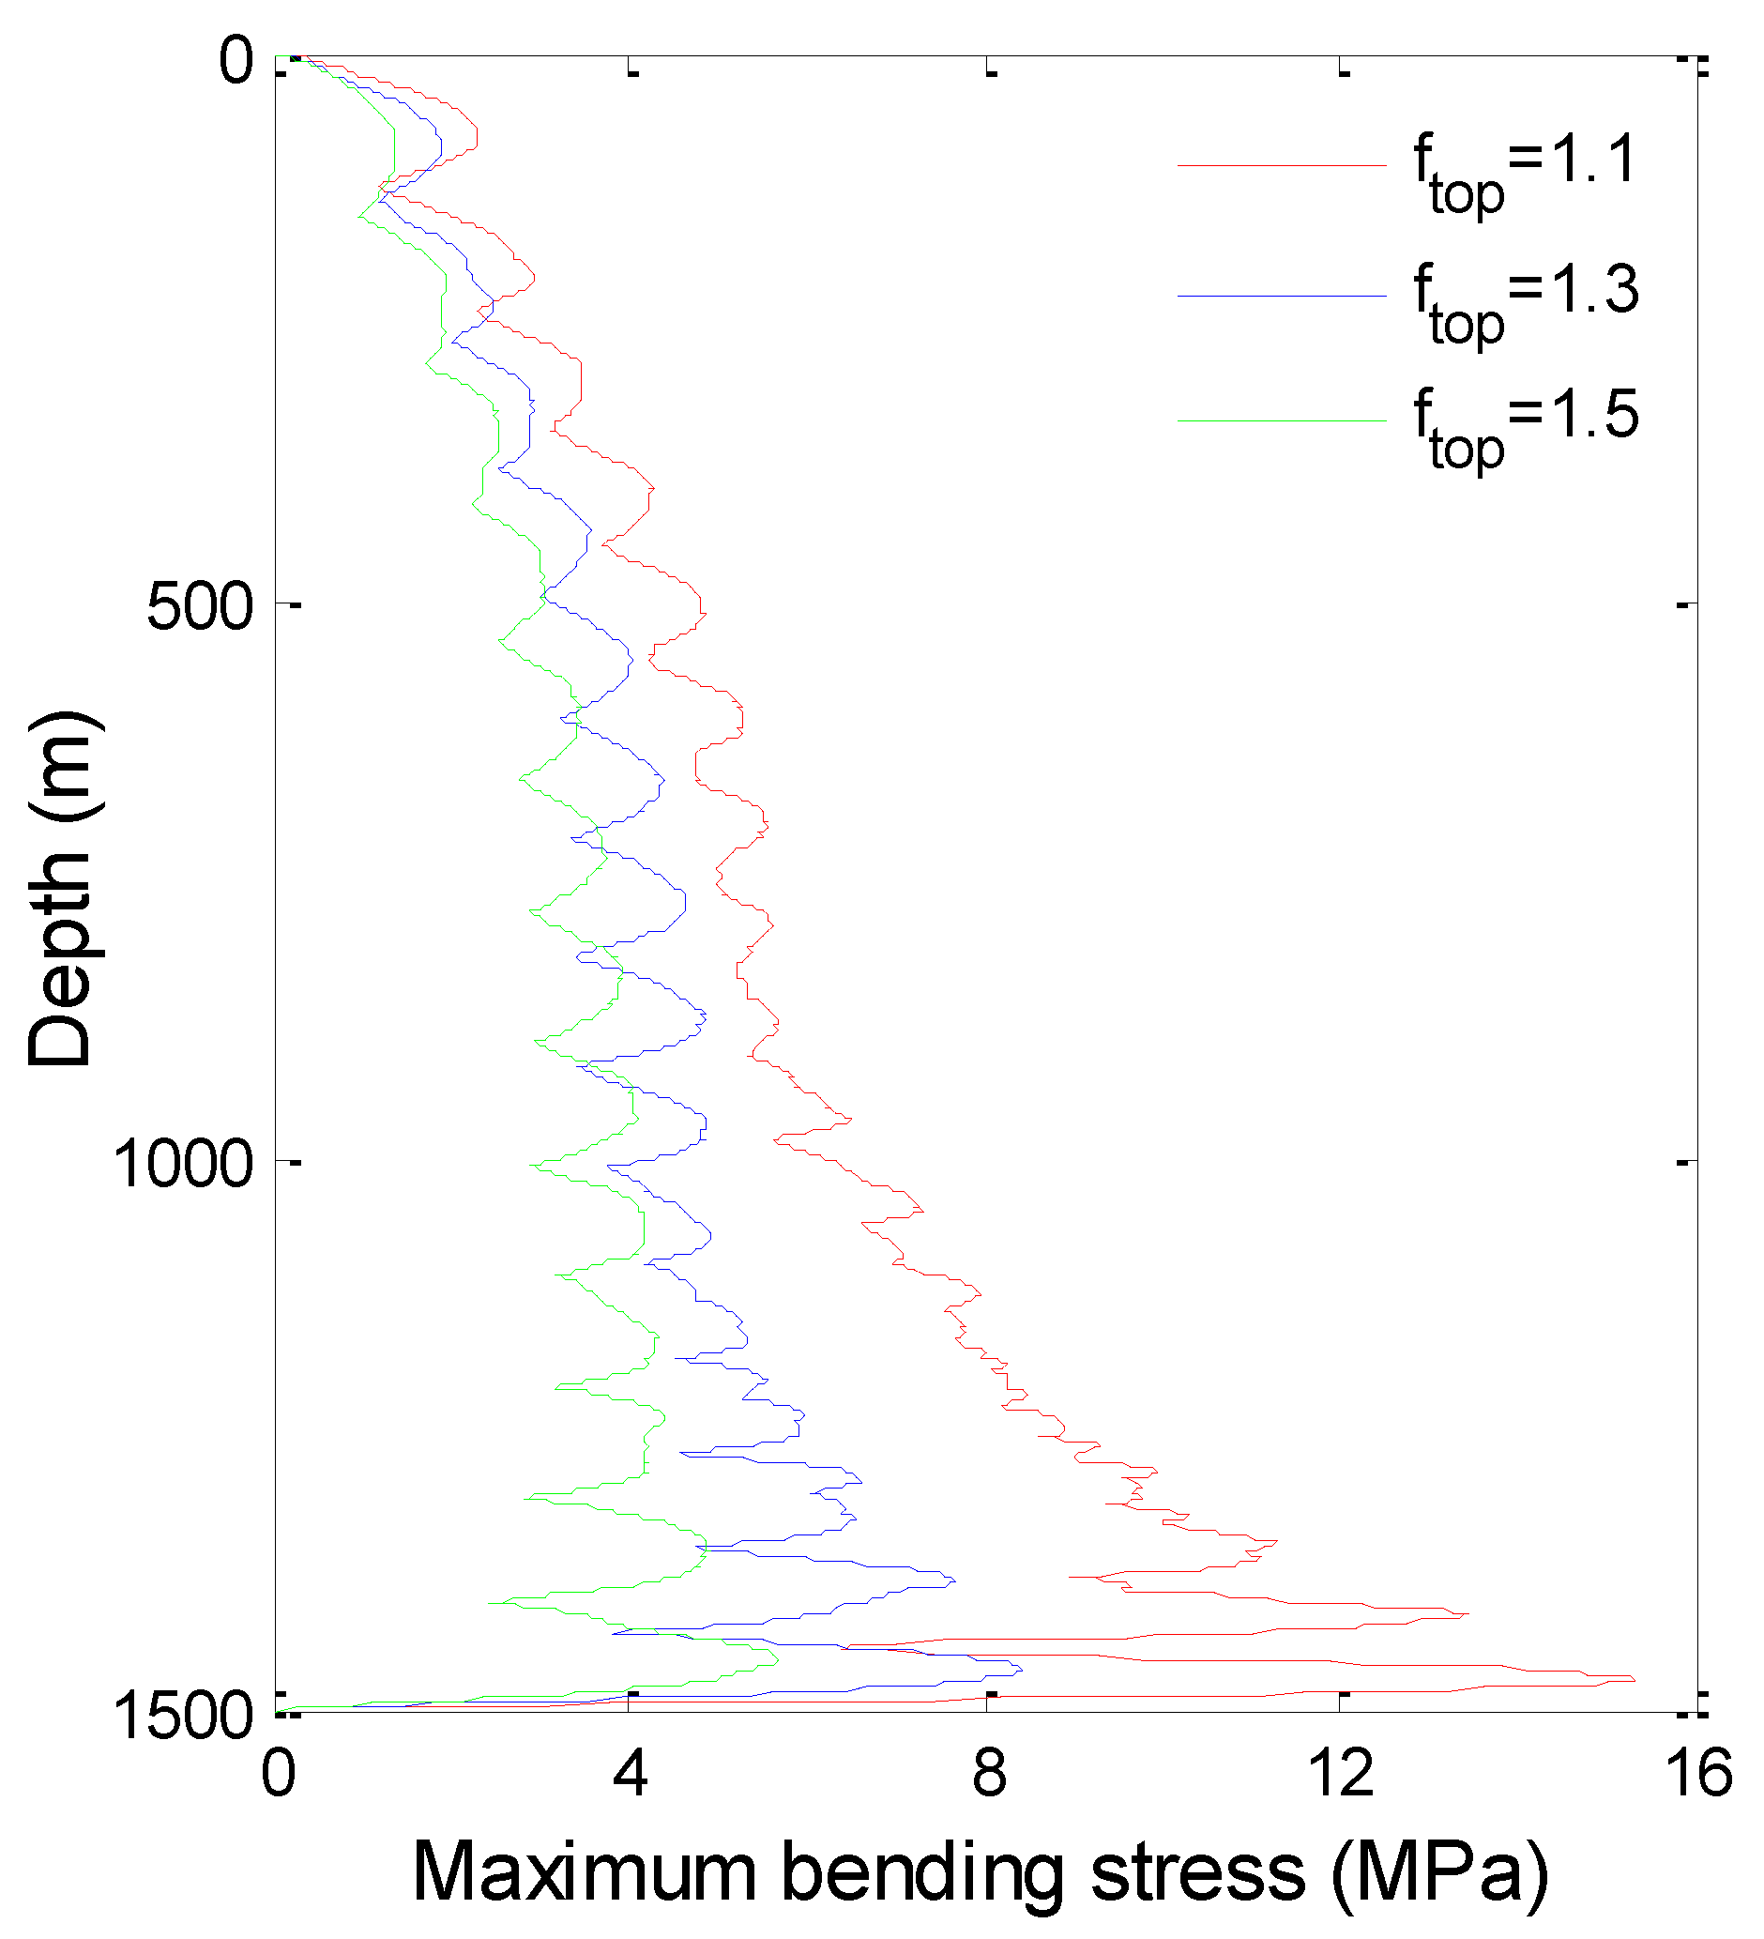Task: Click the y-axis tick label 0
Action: tap(236, 62)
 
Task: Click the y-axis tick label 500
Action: tap(200, 608)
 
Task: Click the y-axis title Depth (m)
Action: tap(60, 890)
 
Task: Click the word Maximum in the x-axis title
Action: tap(585, 1874)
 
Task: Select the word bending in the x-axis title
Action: tap(923, 1876)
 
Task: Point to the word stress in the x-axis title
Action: tap(1198, 1874)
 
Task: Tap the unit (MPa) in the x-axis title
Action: tap(1439, 1876)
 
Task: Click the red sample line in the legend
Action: tap(1282, 166)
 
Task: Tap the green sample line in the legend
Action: tap(1282, 421)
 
